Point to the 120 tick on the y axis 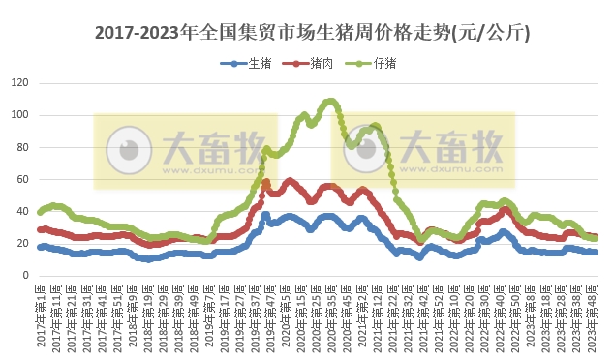20,83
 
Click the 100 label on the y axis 20,115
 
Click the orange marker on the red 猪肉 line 265,183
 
